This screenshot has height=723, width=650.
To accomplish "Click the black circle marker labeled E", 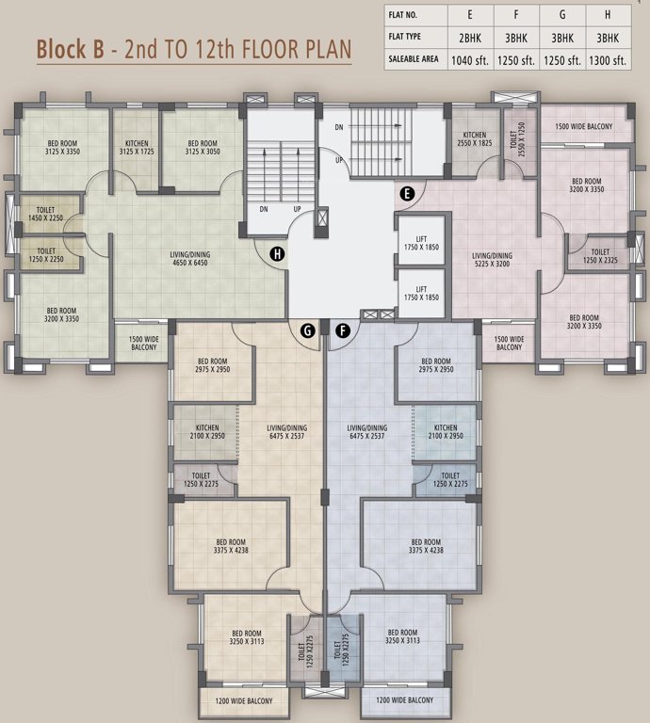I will click(407, 194).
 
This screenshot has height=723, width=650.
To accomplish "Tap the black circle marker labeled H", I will click(277, 253).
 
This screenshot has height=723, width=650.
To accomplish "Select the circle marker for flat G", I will click(307, 329).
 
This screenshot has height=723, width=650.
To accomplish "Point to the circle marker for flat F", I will click(342, 329).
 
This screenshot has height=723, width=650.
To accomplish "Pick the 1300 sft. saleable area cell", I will click(607, 59).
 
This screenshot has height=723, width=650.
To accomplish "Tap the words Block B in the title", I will click(70, 50).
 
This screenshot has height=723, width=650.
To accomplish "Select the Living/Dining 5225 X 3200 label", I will click(492, 260).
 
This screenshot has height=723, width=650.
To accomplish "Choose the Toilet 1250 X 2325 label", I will click(600, 256).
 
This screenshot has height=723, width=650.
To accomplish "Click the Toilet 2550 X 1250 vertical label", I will click(520, 137).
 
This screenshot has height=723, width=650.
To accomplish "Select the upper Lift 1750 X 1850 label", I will click(421, 242).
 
